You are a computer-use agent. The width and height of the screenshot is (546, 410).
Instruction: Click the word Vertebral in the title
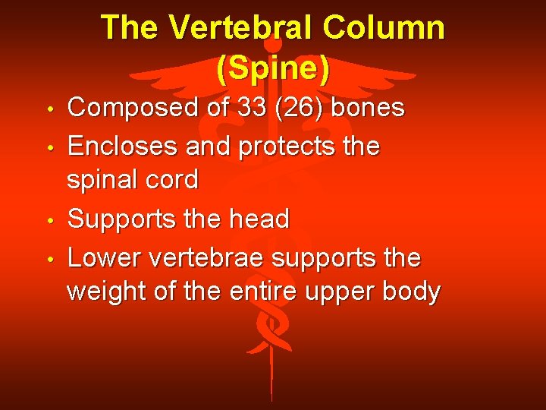240,28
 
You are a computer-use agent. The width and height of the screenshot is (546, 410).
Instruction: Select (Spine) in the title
273,68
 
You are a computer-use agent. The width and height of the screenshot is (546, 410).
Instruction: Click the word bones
369,108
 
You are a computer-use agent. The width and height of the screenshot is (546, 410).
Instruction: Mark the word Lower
104,257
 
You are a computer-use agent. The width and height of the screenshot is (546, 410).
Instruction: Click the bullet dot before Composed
49,110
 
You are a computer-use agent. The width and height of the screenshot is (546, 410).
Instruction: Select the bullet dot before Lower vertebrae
49,260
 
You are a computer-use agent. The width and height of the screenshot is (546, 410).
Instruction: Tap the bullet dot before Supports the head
49,222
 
